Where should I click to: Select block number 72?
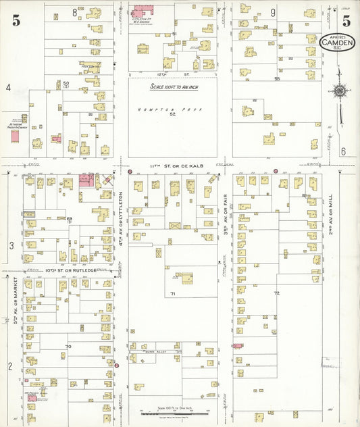[x=276, y=293]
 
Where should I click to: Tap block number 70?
[x=68, y=346]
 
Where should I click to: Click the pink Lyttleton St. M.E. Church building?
[x=142, y=11]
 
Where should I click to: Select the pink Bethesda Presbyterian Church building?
[x=15, y=136]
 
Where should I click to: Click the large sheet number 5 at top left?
[x=15, y=20]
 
